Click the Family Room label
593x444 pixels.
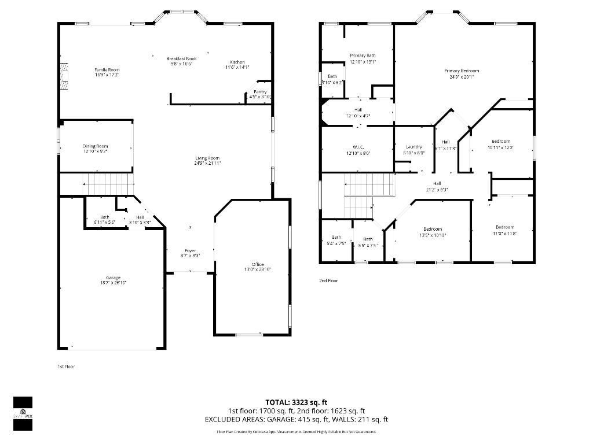point(107,70)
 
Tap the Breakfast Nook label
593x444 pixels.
point(181,58)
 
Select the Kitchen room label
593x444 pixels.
point(237,62)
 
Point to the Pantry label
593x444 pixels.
point(260,91)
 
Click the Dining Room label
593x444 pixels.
point(95,146)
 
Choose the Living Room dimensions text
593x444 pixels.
point(207,163)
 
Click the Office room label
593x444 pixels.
point(258,264)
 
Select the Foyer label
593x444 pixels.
point(191,250)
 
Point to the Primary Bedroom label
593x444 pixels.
point(462,71)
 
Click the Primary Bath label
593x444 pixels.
point(363,55)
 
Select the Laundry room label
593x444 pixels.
point(413,147)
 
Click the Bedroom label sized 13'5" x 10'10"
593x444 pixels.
point(432,229)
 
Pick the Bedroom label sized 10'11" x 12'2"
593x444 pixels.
point(500,142)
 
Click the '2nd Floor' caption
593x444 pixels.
point(328,280)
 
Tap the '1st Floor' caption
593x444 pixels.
point(65,367)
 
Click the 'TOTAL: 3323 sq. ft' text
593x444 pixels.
point(296,402)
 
